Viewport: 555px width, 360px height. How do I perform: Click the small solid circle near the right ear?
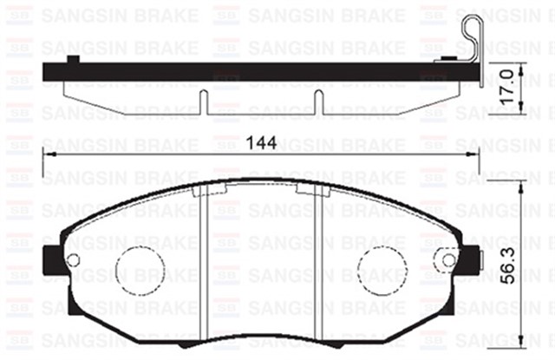[448, 261]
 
